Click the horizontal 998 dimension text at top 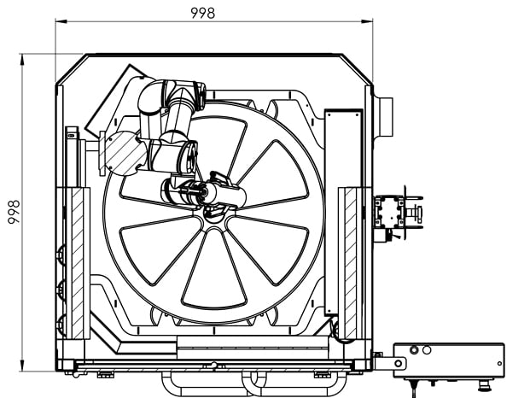[x=203, y=13]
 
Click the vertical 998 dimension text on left [x=14, y=212]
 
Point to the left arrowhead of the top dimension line [x=61, y=21]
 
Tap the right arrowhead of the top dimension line [x=367, y=21]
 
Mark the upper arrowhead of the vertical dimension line [x=22, y=60]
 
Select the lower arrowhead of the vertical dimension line [x=22, y=366]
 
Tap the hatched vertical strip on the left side [x=78, y=263]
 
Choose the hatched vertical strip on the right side [x=351, y=263]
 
